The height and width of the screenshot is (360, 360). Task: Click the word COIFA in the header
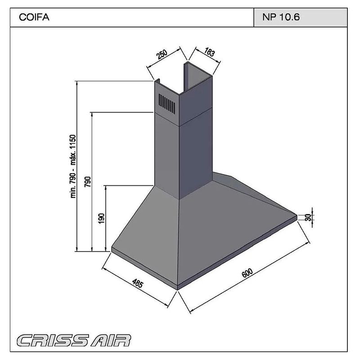point(34,18)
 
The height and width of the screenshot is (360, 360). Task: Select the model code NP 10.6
point(280,18)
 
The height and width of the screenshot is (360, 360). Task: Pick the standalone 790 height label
point(88,181)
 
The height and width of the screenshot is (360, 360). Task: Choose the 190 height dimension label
point(102,218)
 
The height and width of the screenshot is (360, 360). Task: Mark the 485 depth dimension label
point(138,283)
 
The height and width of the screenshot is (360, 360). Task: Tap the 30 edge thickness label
point(308,217)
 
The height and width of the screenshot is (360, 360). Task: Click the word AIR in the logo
point(110,340)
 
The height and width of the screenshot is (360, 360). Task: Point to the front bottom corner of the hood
point(178,287)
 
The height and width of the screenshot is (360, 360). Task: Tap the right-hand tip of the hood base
point(297,216)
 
